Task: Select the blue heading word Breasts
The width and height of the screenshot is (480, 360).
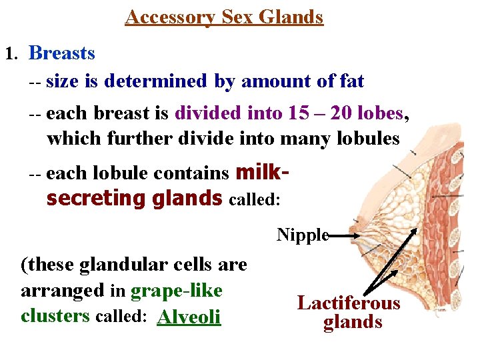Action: (x=62, y=53)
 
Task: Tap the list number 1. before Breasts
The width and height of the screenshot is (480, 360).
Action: (x=11, y=53)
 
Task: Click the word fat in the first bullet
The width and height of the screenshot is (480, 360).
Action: (x=351, y=81)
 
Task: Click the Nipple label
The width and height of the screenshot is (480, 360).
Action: (x=303, y=235)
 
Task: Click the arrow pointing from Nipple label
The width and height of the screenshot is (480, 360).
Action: (x=347, y=235)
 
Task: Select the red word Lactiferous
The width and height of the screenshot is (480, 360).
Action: (x=349, y=303)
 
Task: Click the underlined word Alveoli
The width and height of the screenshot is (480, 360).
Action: (x=189, y=317)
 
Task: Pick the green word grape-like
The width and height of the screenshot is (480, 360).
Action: (x=177, y=291)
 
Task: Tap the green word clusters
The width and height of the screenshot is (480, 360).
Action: (x=55, y=315)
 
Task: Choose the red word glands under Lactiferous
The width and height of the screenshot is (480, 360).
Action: (x=353, y=323)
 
